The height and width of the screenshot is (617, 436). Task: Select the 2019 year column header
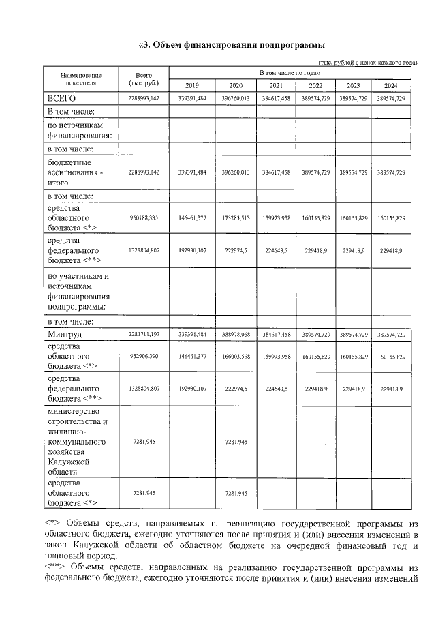(192, 85)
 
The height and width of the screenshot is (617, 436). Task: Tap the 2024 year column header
(391, 85)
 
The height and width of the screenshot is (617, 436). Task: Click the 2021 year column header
(277, 85)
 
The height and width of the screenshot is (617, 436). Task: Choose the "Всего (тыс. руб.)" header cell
(144, 78)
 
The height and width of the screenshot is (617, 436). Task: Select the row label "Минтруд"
(67, 335)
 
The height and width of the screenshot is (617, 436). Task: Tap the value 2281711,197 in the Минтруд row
(144, 335)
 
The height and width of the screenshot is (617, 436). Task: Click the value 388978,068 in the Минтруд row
(236, 335)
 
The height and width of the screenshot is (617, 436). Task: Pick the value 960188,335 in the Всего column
(144, 218)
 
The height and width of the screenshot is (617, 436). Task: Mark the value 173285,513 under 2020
(236, 218)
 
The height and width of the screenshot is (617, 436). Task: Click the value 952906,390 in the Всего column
(144, 357)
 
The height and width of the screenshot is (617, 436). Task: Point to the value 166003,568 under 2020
(236, 357)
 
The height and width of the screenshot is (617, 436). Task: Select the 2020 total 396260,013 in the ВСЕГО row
(236, 99)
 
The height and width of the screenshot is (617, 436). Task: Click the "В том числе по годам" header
(294, 72)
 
